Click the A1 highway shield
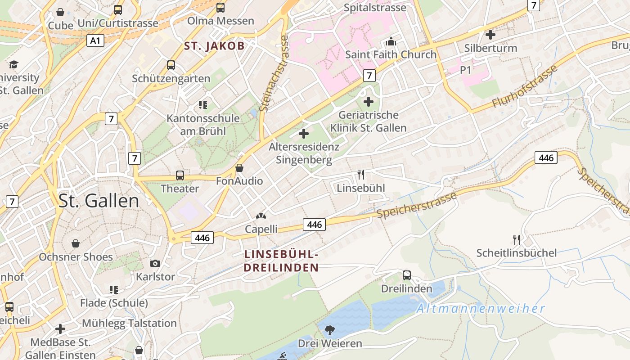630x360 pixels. pos(95,41)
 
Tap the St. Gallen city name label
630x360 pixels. pos(99,201)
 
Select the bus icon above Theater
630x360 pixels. pos(180,175)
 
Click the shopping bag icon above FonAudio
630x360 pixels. pos(239,168)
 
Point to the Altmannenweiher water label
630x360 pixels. pos(480,309)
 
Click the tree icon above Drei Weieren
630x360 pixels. pos(330,330)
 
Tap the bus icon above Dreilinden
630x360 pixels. pos(407,275)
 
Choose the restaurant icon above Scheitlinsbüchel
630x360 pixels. pos(517,239)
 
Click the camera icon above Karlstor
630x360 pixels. pos(155,263)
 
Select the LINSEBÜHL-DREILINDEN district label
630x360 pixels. pos(281,261)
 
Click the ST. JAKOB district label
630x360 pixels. pos(214,46)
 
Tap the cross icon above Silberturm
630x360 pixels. pos(490,34)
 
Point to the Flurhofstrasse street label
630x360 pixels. pos(525,86)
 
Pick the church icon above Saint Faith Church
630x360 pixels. pos(391,42)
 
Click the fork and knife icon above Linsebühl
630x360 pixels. pos(361,175)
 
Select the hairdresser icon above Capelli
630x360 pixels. pos(261,216)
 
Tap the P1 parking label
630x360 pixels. pos(465,70)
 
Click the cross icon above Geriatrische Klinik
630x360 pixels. pos(369,102)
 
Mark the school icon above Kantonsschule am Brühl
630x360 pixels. pos(203,105)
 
